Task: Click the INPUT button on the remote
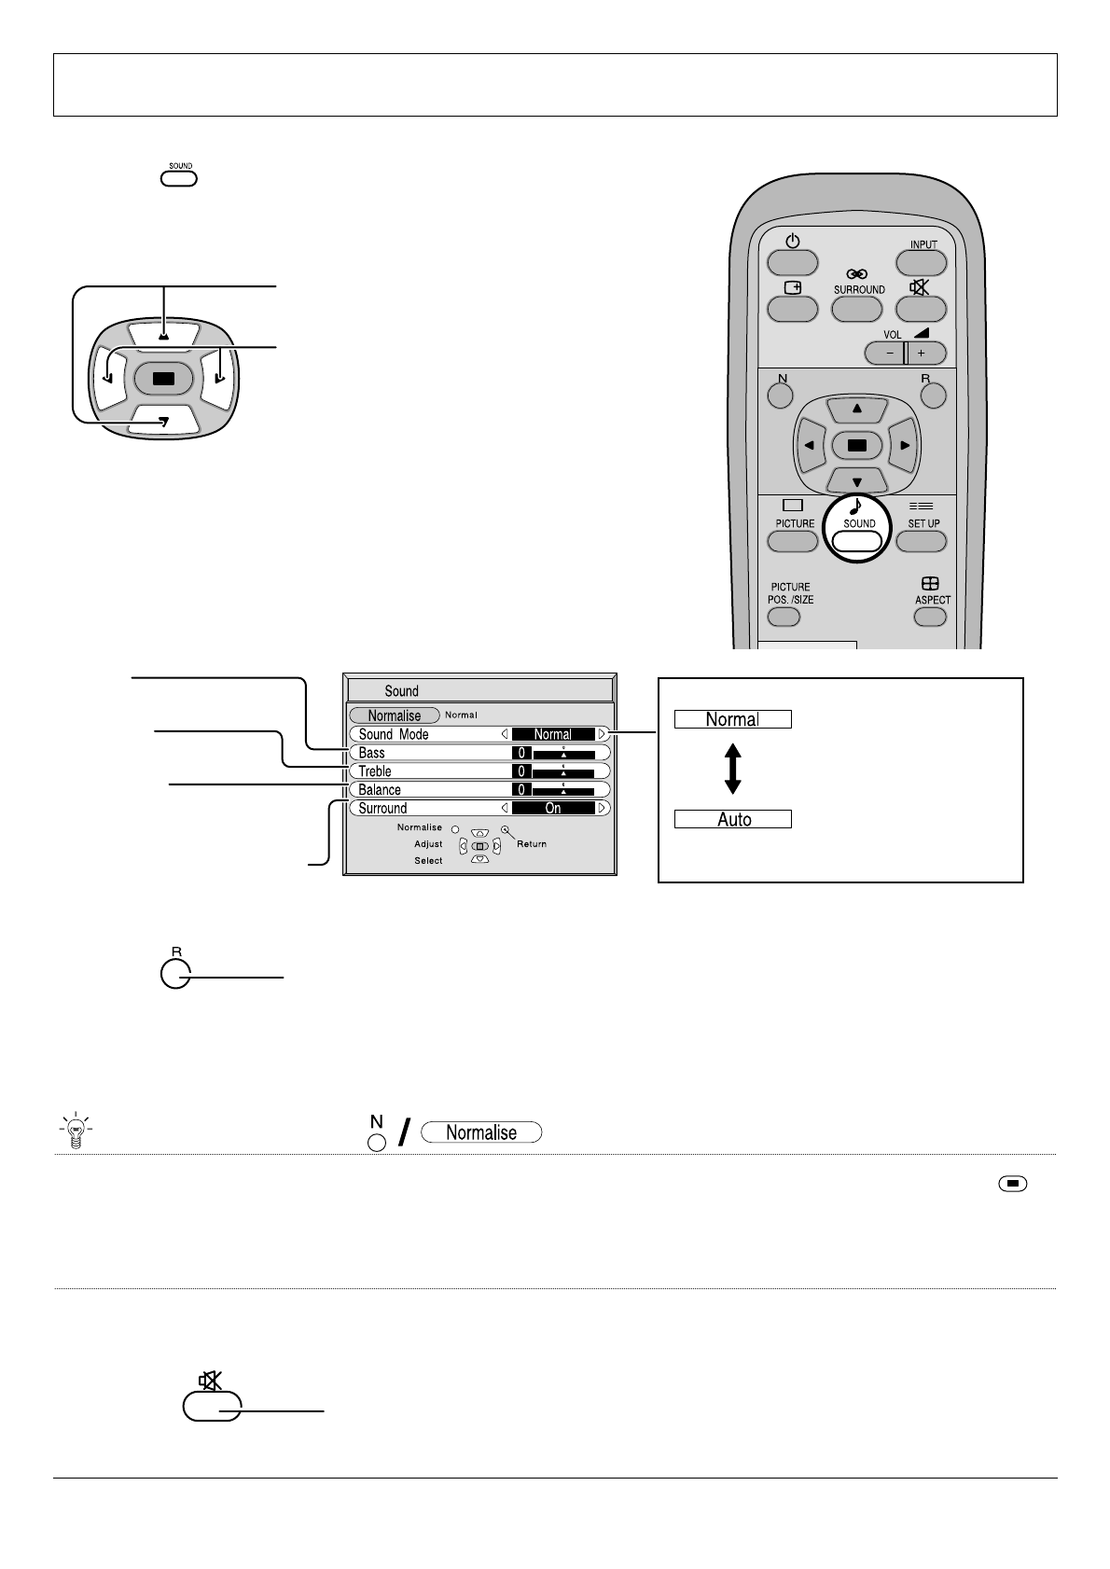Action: [922, 262]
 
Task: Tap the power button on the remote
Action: [792, 262]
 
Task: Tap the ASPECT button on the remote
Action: [930, 616]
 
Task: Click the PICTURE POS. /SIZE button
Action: [784, 617]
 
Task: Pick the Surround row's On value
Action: [553, 809]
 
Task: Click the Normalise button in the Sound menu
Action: [394, 715]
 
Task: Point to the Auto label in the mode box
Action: [734, 820]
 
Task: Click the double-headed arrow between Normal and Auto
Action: [733, 769]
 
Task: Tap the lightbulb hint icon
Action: [77, 1130]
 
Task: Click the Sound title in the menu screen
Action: [401, 691]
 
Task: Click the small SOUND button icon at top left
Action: [179, 177]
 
